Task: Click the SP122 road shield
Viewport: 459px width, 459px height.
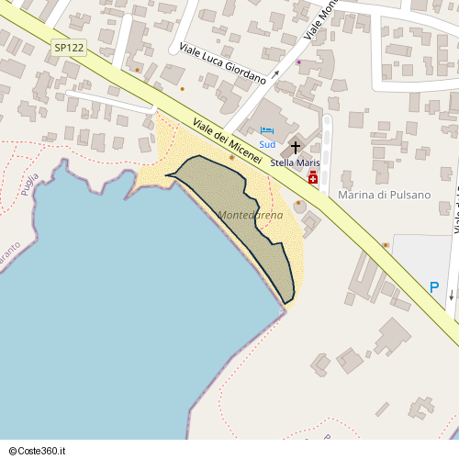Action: tap(68, 48)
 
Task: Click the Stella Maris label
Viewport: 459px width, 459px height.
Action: tap(295, 162)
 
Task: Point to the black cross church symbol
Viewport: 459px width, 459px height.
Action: tap(295, 147)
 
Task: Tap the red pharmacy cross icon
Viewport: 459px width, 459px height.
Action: tap(313, 177)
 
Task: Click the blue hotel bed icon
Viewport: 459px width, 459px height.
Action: tap(266, 130)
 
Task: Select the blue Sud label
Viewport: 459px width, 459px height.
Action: tap(267, 144)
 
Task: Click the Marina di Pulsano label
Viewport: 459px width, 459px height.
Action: tap(385, 195)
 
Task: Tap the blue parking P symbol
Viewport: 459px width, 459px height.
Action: tap(434, 287)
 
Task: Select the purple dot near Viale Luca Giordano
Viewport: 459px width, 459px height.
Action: tap(298, 62)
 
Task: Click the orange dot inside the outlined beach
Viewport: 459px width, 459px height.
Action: tap(231, 158)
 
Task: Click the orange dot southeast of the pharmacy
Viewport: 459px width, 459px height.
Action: tap(385, 245)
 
